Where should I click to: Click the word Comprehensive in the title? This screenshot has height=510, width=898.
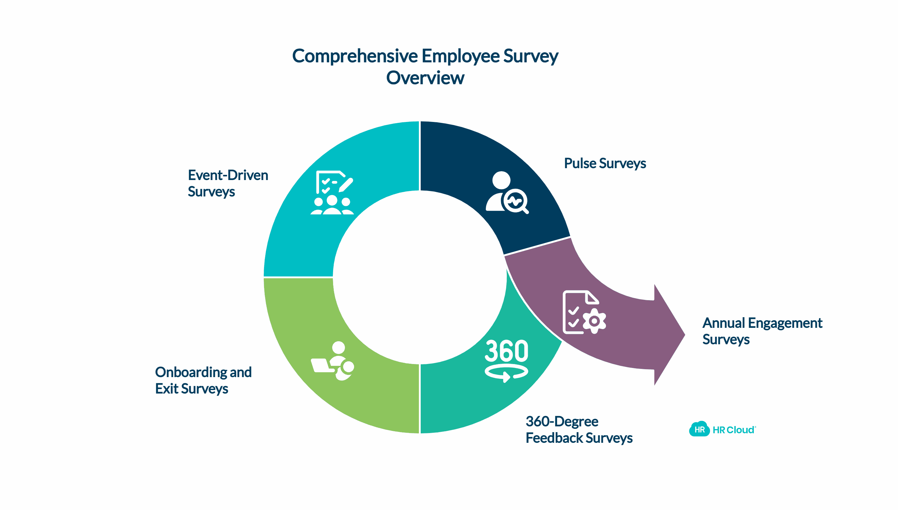[x=355, y=56]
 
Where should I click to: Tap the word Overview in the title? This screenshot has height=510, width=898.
[x=425, y=78]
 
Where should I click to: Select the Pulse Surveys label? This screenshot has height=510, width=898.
[x=605, y=163]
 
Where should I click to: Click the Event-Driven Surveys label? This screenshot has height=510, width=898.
[x=228, y=183]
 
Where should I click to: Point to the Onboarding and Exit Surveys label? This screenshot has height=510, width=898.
[x=203, y=380]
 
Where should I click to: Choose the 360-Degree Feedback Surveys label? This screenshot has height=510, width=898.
[x=579, y=429]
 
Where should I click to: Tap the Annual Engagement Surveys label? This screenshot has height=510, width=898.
[x=762, y=331]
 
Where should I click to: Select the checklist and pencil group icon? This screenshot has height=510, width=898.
[x=332, y=192]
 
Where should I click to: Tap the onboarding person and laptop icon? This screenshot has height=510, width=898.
[x=332, y=361]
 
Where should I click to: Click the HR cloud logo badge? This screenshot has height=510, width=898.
[x=699, y=429]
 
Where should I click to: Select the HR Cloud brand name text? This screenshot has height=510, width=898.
[x=733, y=430]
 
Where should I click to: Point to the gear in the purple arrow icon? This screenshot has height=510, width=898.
[x=594, y=321]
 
